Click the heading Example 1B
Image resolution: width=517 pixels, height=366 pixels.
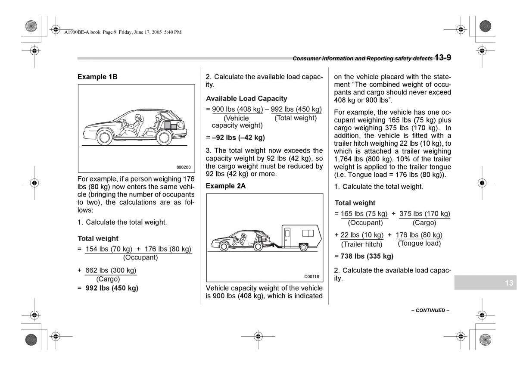[x=97, y=77]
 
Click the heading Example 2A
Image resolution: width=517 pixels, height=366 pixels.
[x=226, y=186]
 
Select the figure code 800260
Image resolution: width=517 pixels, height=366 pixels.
[x=183, y=167]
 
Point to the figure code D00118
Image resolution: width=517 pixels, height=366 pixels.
[x=311, y=276]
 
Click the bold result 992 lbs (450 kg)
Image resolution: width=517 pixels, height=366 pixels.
[x=112, y=288]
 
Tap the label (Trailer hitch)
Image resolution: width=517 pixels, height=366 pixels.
[x=362, y=244]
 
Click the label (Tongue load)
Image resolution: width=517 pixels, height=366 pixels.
[x=419, y=243]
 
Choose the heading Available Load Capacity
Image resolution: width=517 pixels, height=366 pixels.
[x=246, y=98]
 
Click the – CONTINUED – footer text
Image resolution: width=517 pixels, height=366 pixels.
[x=430, y=310]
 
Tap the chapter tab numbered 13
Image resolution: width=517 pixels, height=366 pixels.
[x=509, y=283]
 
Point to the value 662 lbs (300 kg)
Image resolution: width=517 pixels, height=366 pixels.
[x=111, y=270]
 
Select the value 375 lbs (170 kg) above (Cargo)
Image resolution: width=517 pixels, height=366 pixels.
[x=424, y=213]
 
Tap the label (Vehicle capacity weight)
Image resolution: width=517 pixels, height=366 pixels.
[x=237, y=122]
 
